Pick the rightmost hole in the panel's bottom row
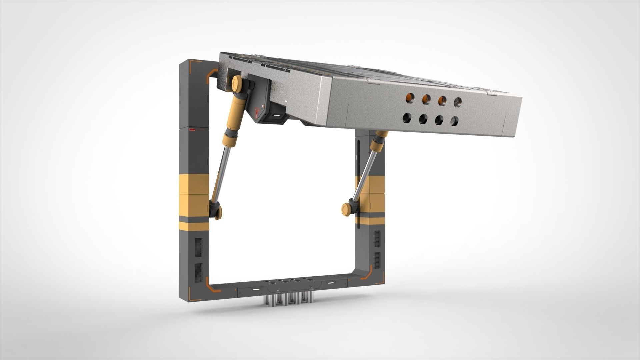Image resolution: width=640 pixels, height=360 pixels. [x=454, y=121]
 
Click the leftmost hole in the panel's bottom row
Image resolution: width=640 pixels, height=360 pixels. [x=407, y=118]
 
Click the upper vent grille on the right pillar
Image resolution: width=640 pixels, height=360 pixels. [x=377, y=239]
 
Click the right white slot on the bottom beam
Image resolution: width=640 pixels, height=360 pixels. [x=331, y=283]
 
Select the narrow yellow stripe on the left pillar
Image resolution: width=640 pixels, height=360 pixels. [x=193, y=226]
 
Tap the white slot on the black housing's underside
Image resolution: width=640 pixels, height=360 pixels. [x=276, y=116]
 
